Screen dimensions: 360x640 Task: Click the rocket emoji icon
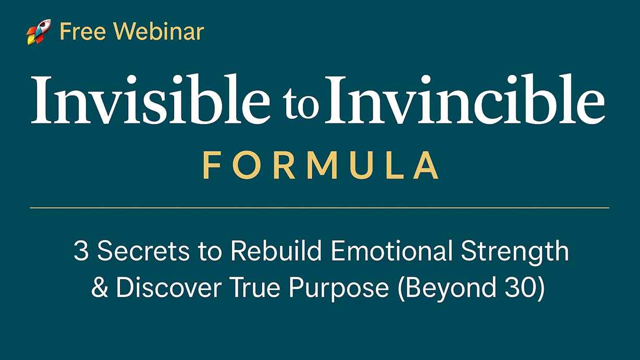click(x=39, y=32)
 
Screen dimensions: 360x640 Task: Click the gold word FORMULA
click(x=320, y=165)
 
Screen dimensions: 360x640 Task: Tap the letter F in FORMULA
click(x=210, y=165)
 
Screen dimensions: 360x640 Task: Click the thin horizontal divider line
click(x=319, y=208)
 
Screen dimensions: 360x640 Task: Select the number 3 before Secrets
click(x=81, y=252)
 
